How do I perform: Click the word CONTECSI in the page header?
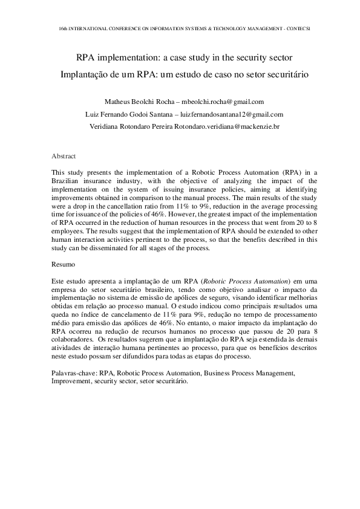290,28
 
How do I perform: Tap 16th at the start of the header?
64,28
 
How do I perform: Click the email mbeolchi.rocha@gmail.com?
223,102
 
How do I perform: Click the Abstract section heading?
64,156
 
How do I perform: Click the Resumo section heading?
64,264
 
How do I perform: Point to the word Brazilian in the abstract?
66,181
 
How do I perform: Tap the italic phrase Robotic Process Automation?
248,281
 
